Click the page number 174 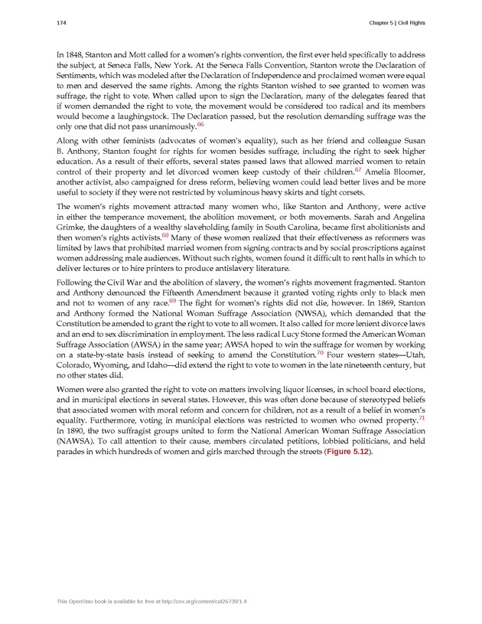click(61, 23)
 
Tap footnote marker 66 click(200, 123)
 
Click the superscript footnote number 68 click(164, 236)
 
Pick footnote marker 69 click(172, 302)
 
